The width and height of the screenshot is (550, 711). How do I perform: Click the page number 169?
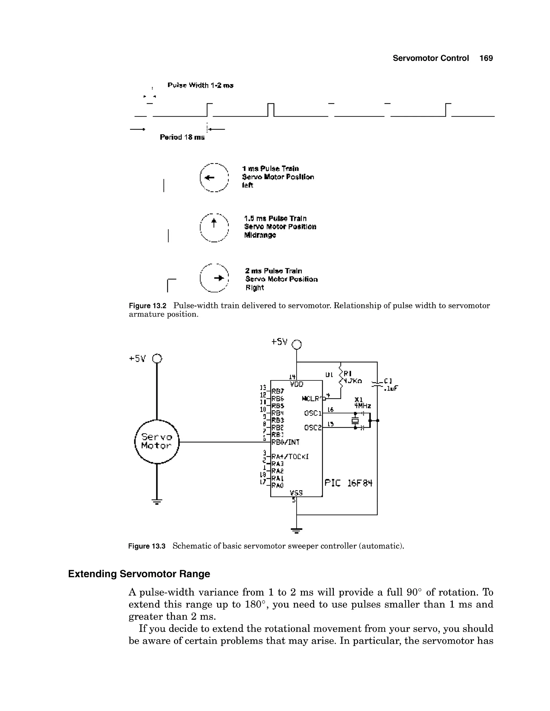pos(486,58)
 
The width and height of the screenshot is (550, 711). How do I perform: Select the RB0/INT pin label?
pos(285,442)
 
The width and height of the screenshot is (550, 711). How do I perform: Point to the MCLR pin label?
pos(311,398)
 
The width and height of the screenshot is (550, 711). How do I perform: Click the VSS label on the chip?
pos(296,493)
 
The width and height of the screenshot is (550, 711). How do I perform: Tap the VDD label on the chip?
pos(296,384)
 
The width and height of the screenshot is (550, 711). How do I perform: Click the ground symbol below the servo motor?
pos(157,501)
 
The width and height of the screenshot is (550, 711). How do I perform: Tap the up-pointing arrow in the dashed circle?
pos(214,223)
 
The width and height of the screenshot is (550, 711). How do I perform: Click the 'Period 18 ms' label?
pos(182,137)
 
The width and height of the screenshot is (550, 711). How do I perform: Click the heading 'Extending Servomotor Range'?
pos(139,574)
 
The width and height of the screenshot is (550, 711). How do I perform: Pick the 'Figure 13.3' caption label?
pos(147,546)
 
